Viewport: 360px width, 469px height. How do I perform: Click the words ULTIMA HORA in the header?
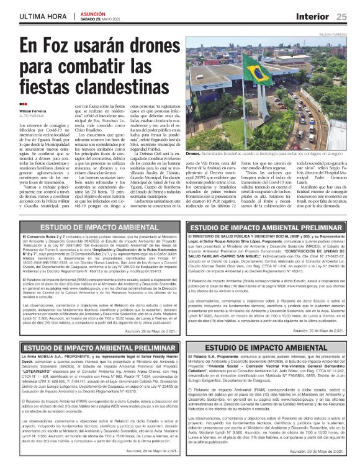pyautogui.click(x=37, y=15)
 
